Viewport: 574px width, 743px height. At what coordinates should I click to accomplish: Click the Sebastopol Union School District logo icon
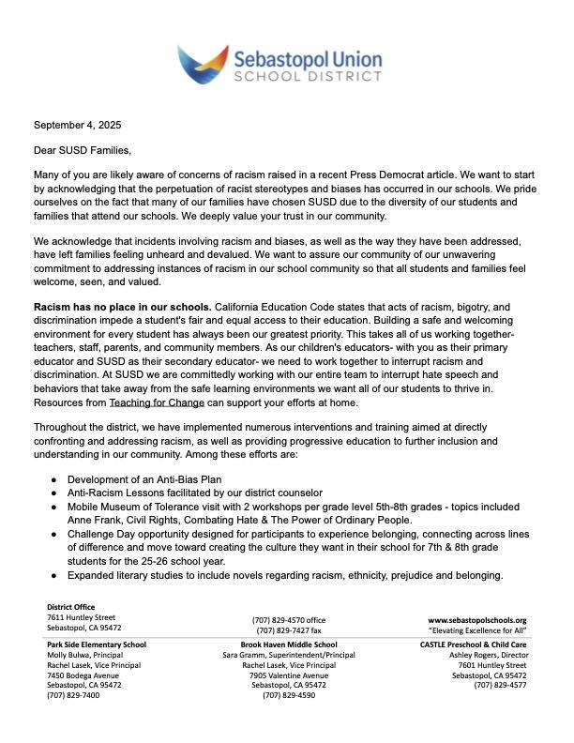click(x=203, y=65)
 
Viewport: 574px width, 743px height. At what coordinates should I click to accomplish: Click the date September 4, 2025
click(x=78, y=125)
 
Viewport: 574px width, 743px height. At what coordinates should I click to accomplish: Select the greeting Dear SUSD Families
click(x=83, y=150)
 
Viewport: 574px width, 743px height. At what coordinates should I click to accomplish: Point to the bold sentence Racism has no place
click(x=123, y=307)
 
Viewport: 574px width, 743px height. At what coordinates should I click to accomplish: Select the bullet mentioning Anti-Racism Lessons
click(x=194, y=493)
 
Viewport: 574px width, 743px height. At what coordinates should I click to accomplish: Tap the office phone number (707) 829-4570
click(x=289, y=620)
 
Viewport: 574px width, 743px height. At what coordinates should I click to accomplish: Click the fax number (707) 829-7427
click(x=289, y=630)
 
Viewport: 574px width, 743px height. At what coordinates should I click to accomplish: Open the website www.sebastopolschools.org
click(x=477, y=620)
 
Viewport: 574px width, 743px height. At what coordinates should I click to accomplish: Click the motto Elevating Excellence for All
click(x=477, y=630)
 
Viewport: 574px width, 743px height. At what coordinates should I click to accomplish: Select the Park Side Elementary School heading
click(x=97, y=644)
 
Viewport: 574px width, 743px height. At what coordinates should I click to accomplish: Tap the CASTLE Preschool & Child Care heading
click(x=474, y=644)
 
